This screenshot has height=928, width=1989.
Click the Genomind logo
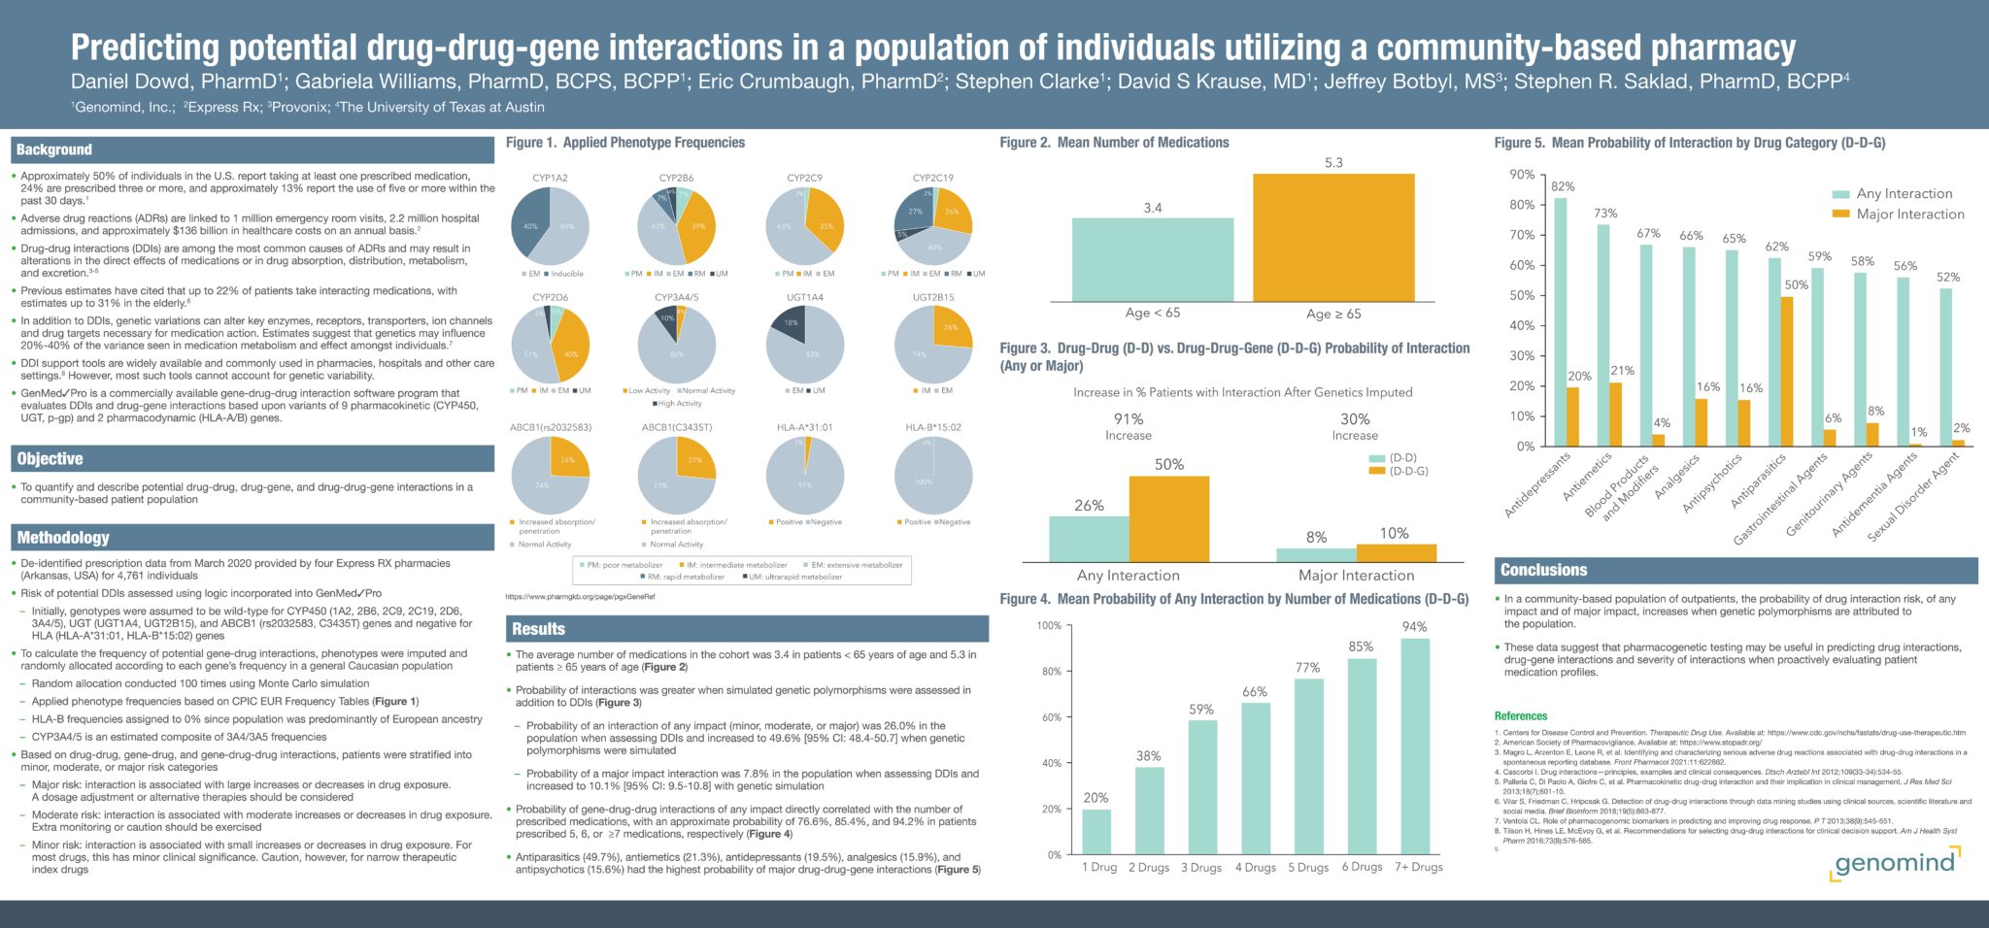click(1895, 862)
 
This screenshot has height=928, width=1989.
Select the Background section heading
click(54, 149)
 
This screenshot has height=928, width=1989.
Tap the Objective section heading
click(51, 459)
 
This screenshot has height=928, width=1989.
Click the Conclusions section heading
click(1543, 570)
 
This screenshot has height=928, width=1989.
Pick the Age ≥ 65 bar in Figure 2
click(1333, 238)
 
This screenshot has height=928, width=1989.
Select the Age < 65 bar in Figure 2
click(1153, 259)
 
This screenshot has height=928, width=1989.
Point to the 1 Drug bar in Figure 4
click(1096, 832)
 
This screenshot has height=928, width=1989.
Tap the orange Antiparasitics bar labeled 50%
click(1786, 371)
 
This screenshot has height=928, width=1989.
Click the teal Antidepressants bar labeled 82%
click(1561, 321)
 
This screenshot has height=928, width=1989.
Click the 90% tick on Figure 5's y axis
click(1522, 175)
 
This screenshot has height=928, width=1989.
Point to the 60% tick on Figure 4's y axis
click(1051, 717)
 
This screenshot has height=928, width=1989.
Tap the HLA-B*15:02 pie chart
click(933, 476)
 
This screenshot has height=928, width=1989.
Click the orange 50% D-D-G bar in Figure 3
click(1169, 518)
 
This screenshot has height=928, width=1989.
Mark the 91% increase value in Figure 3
click(1129, 419)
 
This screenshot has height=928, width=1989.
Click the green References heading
click(1521, 716)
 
